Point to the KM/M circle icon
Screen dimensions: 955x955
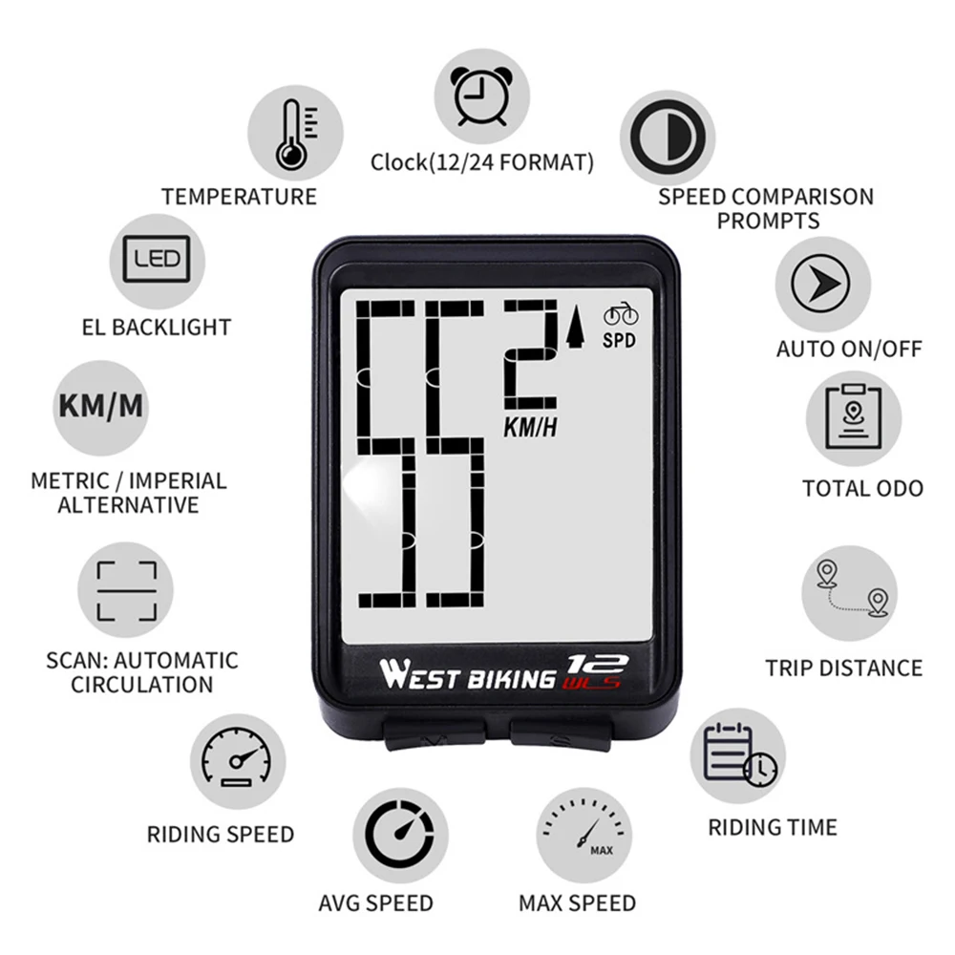[x=100, y=406]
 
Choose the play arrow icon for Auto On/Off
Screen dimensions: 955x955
[x=822, y=284]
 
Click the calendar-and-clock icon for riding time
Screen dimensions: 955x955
[x=738, y=755]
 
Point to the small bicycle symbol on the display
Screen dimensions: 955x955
[x=620, y=314]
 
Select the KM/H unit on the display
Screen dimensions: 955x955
[x=530, y=428]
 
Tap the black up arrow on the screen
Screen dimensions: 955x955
[x=575, y=329]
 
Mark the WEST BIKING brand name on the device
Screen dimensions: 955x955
[x=467, y=676]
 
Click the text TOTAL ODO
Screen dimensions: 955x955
[x=862, y=489]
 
